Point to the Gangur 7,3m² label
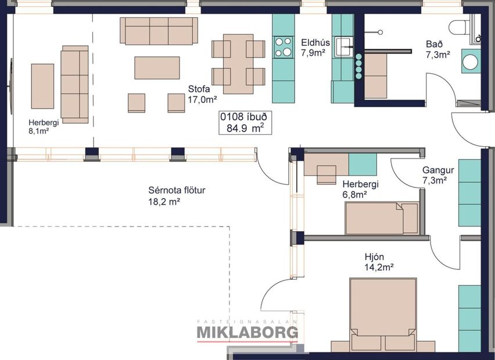437,175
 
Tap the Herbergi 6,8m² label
360,189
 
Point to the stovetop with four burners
284,46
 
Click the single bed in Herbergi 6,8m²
381,218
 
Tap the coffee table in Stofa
157,67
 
